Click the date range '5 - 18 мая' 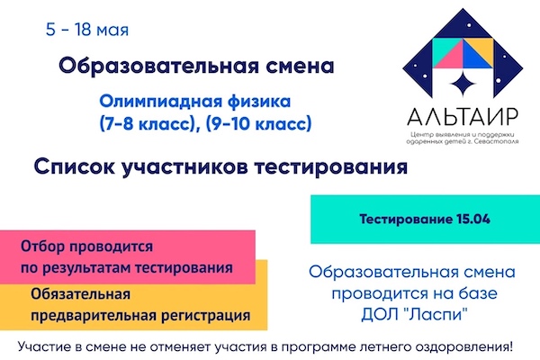(x=87, y=30)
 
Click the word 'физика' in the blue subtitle (x=259, y=102)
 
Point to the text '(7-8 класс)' (x=145, y=123)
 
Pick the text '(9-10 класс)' (x=258, y=123)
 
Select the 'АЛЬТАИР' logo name (x=463, y=116)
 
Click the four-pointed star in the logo (x=463, y=84)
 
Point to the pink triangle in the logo (x=447, y=54)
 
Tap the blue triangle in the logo (x=477, y=54)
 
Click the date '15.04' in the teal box (x=473, y=220)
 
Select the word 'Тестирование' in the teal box (x=406, y=220)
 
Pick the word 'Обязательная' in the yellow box (x=81, y=294)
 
